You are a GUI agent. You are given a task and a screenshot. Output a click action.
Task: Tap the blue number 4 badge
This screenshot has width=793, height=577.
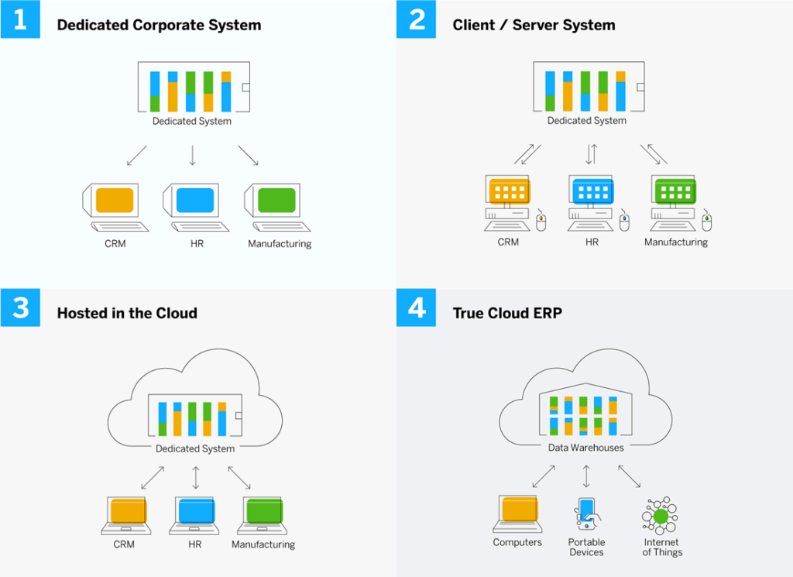tap(417, 308)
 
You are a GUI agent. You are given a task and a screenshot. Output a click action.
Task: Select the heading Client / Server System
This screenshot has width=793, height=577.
tap(534, 25)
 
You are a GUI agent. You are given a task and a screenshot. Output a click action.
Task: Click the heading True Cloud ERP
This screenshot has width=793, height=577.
tap(507, 313)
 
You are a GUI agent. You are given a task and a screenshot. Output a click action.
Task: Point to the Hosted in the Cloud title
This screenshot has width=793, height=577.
tap(127, 313)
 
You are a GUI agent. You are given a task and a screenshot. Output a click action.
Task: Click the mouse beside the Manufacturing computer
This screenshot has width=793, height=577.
tap(706, 223)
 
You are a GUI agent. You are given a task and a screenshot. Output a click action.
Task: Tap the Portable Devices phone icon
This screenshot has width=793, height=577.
tap(587, 514)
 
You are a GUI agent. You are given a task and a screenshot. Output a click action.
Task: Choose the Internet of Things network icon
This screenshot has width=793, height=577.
tap(660, 515)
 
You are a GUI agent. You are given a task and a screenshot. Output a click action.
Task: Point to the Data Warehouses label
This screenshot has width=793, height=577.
tap(586, 447)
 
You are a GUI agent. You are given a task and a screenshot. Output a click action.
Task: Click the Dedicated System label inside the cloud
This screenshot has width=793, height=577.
tap(195, 448)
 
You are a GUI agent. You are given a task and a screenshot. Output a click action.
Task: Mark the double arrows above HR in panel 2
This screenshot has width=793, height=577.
tap(591, 153)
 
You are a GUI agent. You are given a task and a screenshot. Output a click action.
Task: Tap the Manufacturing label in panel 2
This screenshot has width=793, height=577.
tap(676, 242)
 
